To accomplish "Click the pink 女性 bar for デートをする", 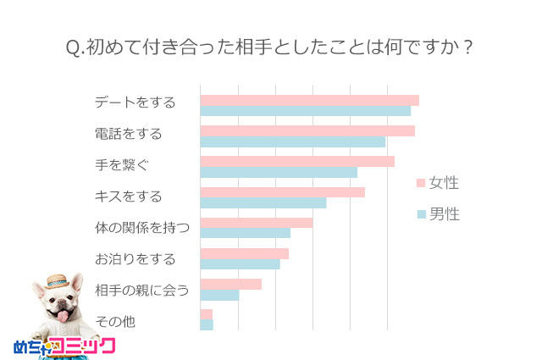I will [309, 101].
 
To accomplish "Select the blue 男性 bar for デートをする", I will [305, 111].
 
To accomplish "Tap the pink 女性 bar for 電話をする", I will [307, 131].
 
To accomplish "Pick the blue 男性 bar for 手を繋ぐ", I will [279, 172].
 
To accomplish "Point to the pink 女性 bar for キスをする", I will [282, 192].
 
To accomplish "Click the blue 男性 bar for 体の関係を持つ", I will [245, 233].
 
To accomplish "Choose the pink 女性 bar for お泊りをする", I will [244, 253].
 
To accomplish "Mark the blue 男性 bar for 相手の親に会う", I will [219, 295].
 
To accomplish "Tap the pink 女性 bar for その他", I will [206, 314].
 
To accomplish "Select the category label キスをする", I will [128, 197].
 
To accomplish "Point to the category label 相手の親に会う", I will [141, 291].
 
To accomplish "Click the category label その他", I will [115, 322].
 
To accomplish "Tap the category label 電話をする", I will [128, 134].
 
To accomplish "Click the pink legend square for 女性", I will [420, 183].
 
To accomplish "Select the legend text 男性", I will [444, 214].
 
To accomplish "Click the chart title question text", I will [269, 47].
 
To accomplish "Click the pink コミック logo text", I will [83, 346].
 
